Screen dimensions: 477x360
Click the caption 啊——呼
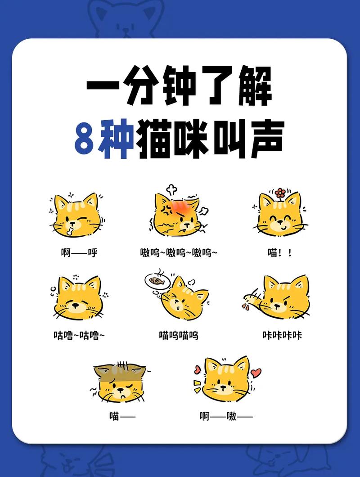(x=79, y=252)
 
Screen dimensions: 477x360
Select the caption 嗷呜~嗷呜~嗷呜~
(x=179, y=252)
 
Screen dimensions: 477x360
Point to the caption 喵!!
(x=279, y=252)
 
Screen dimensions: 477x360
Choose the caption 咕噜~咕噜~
(x=79, y=335)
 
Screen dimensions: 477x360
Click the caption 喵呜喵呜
(x=179, y=335)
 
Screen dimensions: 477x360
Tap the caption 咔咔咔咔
(x=282, y=335)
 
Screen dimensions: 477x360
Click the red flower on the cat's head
(x=280, y=193)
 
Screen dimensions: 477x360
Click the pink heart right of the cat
(x=256, y=373)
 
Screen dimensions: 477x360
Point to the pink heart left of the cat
(x=197, y=370)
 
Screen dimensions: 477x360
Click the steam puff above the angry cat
(x=171, y=189)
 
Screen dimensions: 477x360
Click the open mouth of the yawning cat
(x=70, y=231)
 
